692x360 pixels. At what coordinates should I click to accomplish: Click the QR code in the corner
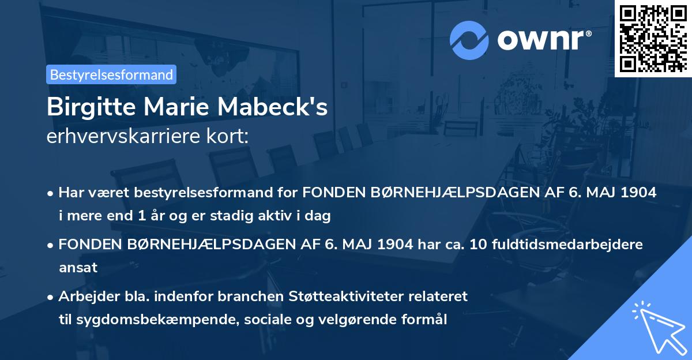click(x=653, y=38)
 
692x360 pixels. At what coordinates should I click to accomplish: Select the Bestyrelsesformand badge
click(x=111, y=74)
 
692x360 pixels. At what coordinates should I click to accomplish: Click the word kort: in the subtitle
click(x=229, y=137)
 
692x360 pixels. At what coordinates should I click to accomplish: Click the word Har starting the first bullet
click(x=69, y=193)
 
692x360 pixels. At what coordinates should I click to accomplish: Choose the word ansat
click(x=78, y=268)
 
